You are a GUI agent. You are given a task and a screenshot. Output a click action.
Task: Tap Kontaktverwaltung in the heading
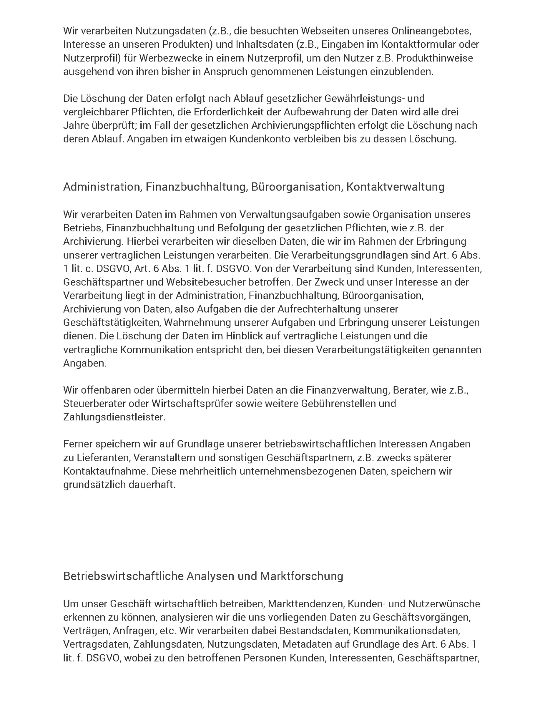[x=395, y=187]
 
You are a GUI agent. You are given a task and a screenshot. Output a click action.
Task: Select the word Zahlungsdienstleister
[x=114, y=417]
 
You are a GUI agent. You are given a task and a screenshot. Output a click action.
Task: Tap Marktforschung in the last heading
[x=302, y=576]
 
